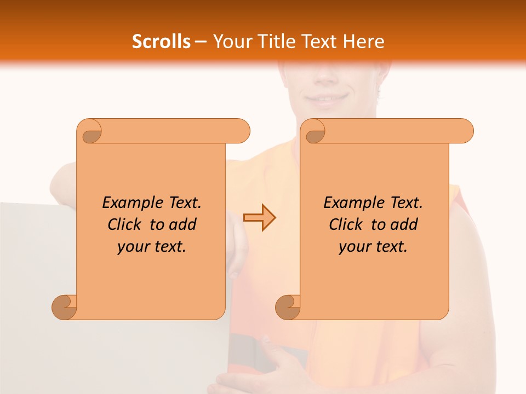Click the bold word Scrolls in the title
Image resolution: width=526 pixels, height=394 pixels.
click(161, 42)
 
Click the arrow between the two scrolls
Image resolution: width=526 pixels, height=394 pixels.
click(260, 217)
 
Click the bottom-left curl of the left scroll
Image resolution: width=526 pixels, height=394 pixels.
click(65, 307)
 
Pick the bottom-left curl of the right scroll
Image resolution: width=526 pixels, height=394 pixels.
click(288, 307)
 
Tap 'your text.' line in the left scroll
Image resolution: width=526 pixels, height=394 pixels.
click(152, 246)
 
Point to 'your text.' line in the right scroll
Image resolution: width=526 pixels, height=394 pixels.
click(373, 246)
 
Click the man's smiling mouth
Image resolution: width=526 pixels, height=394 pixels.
click(327, 99)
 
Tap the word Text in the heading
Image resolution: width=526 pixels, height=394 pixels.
click(318, 42)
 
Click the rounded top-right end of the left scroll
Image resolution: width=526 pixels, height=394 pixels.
click(241, 131)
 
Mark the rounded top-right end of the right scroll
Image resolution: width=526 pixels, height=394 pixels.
click(465, 131)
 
